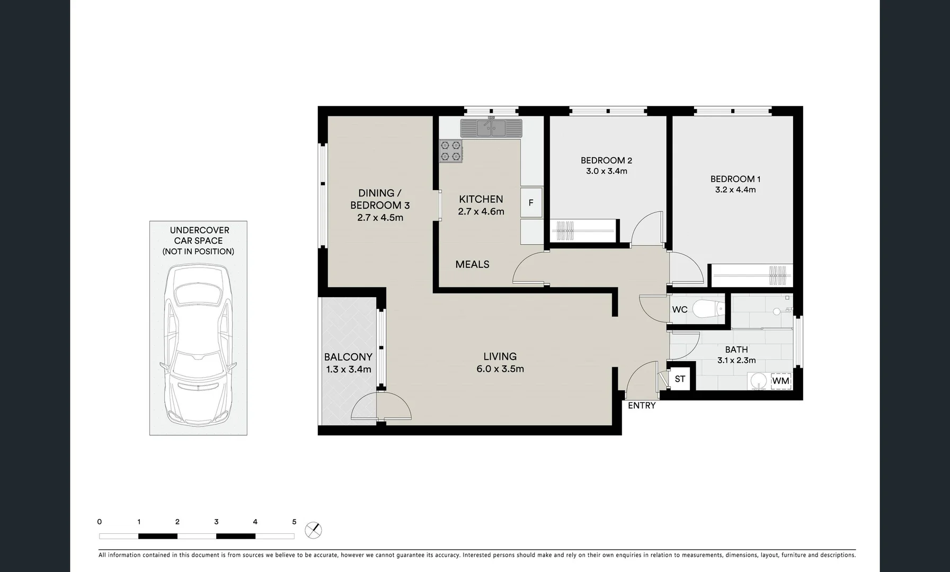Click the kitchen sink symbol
point(491,128)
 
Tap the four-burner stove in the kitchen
point(451,151)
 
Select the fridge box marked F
point(531,203)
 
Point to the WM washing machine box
point(780,381)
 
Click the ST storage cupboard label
point(680,379)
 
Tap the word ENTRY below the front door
point(642,406)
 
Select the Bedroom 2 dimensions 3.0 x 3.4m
point(606,171)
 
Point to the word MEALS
point(472,264)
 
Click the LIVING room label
point(500,356)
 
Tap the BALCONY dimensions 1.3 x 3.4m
point(348,369)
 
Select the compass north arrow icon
point(314,530)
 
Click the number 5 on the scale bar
point(294,522)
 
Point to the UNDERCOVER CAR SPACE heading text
point(198,235)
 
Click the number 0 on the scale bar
point(100,522)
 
